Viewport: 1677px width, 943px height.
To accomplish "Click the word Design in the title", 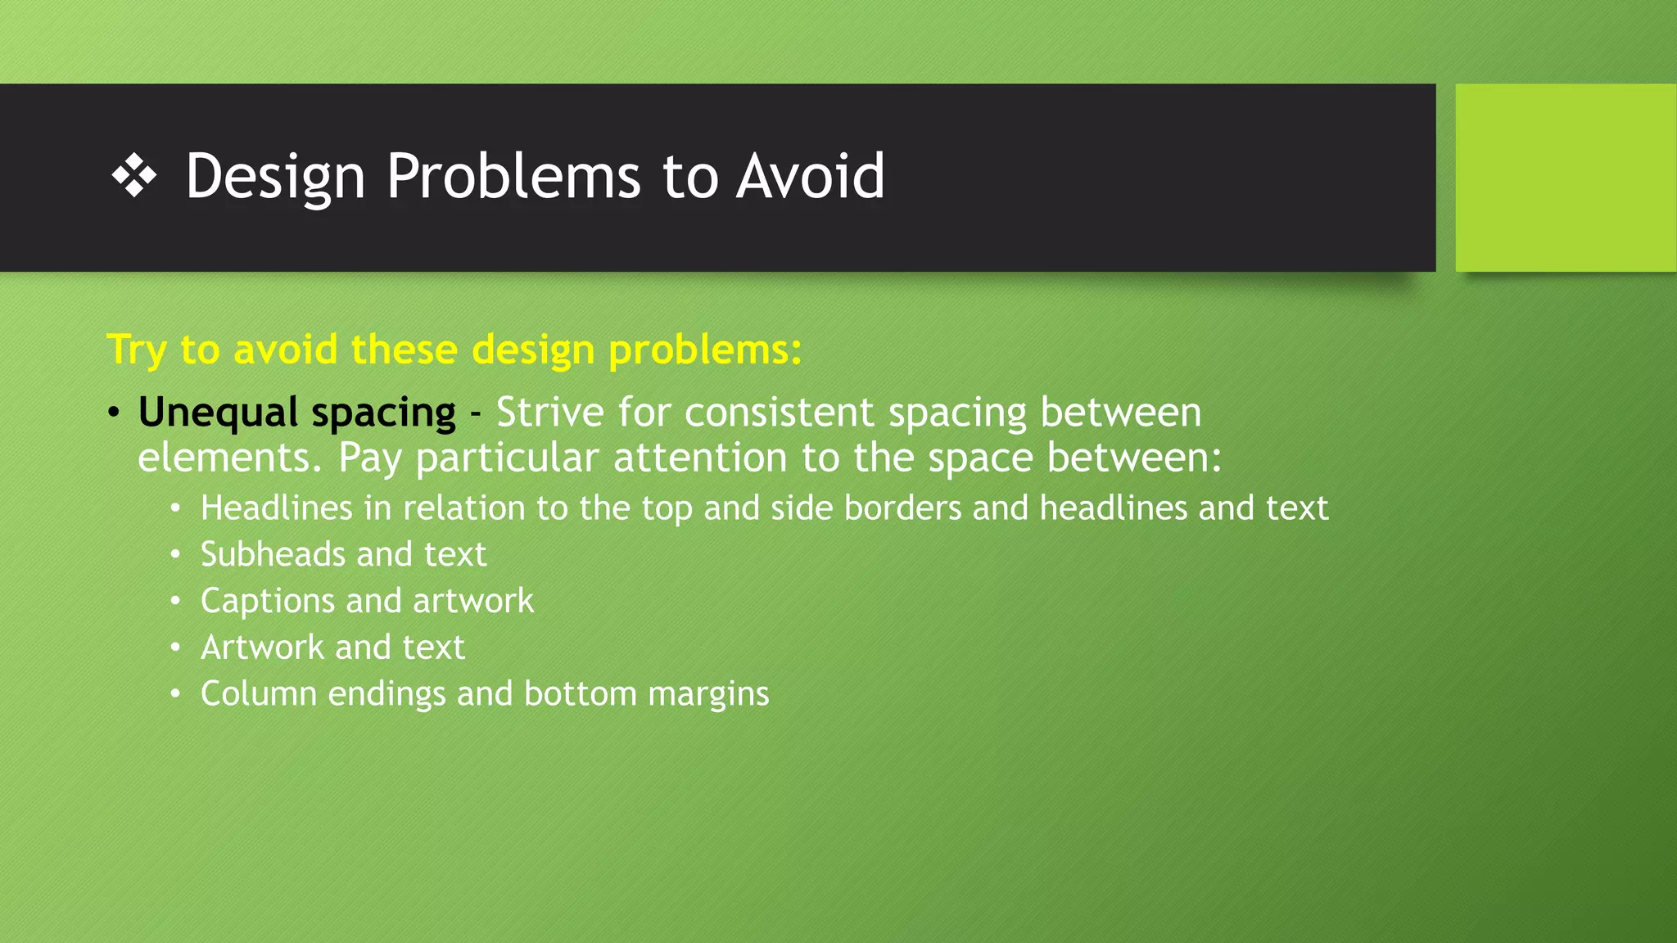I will coord(275,177).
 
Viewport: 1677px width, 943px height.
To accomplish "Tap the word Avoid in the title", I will coord(810,177).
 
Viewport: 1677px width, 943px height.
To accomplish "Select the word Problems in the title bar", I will coord(513,177).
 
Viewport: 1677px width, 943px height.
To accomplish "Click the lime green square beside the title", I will coord(1565,178).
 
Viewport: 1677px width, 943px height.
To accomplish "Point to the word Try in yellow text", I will coord(137,350).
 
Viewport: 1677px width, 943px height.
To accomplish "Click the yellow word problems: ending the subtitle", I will coord(705,350).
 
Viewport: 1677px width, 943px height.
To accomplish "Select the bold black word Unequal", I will coord(218,413).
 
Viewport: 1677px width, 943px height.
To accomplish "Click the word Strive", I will coord(550,412).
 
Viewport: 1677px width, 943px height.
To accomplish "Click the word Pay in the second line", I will coord(369,458).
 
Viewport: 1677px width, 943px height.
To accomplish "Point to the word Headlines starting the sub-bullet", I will coord(277,508).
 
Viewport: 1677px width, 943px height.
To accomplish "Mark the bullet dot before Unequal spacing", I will coord(114,413).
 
